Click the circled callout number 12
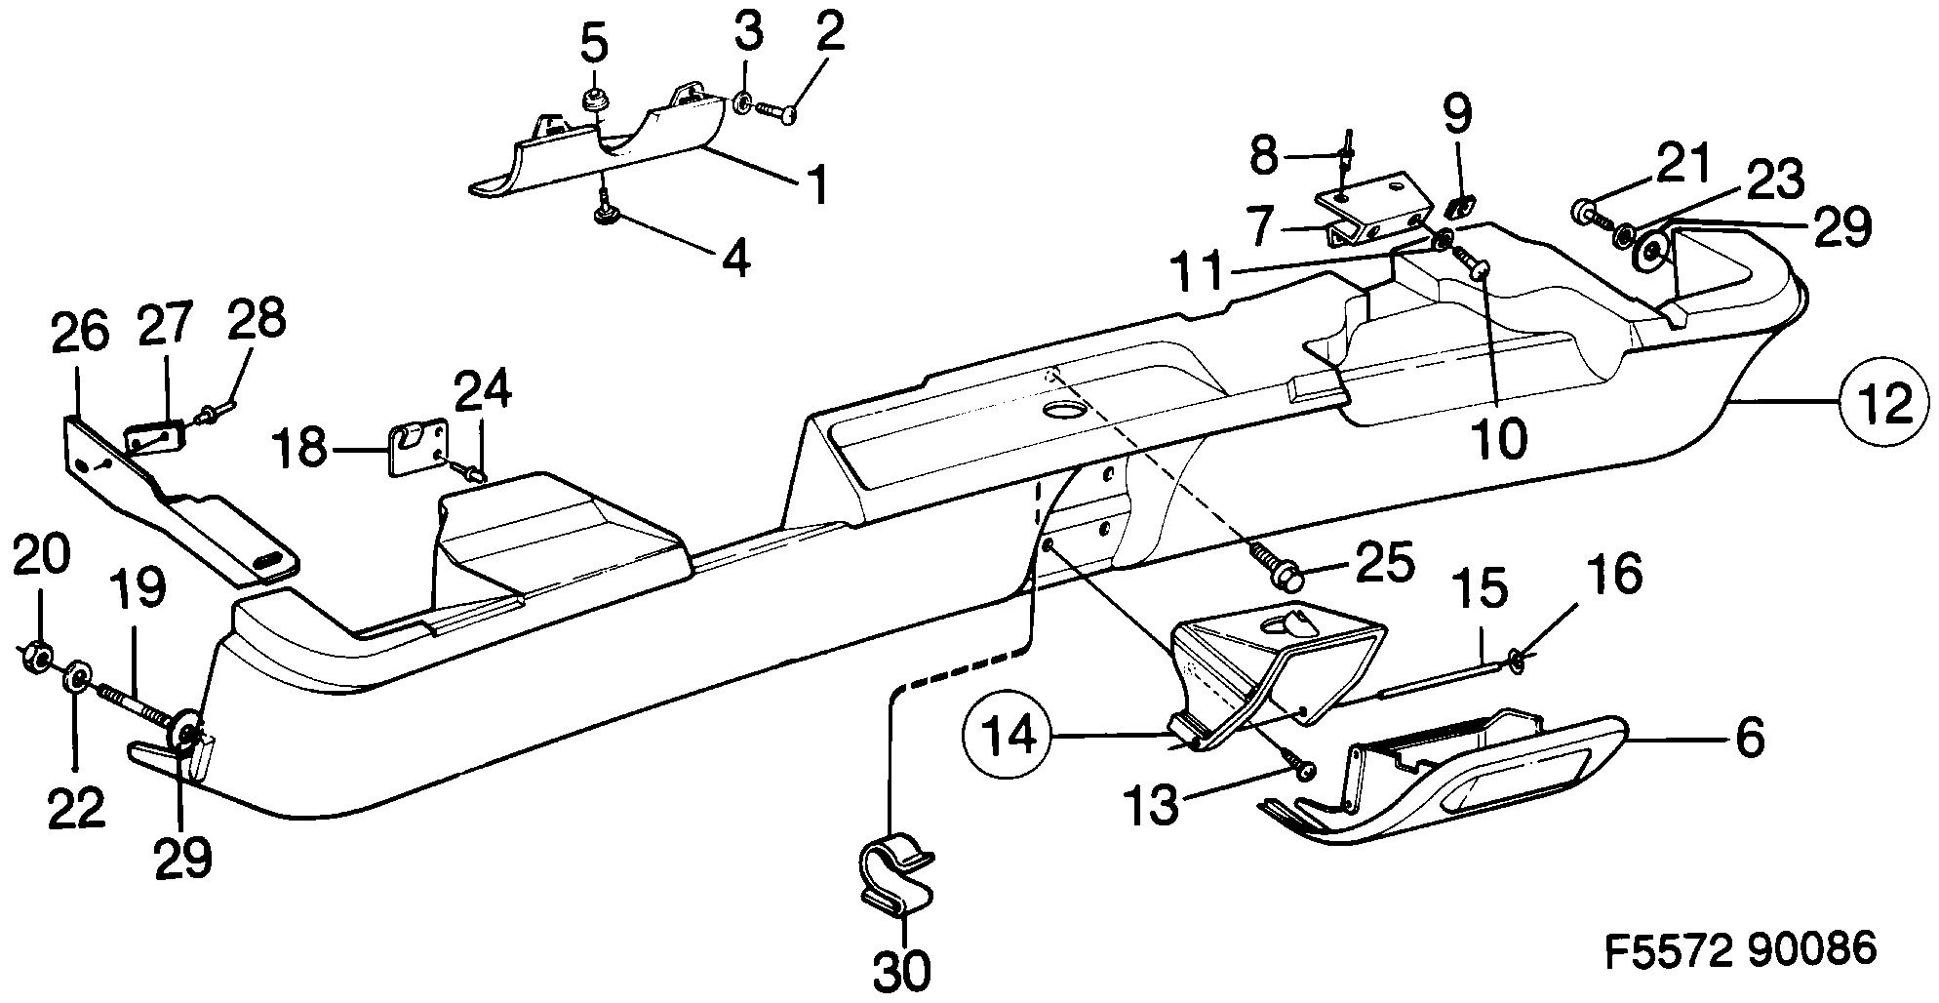(x=1883, y=403)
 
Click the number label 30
(x=900, y=971)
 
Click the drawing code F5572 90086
(x=1740, y=949)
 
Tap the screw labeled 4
(x=606, y=214)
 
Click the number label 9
(x=1456, y=116)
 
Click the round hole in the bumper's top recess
(x=1063, y=410)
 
